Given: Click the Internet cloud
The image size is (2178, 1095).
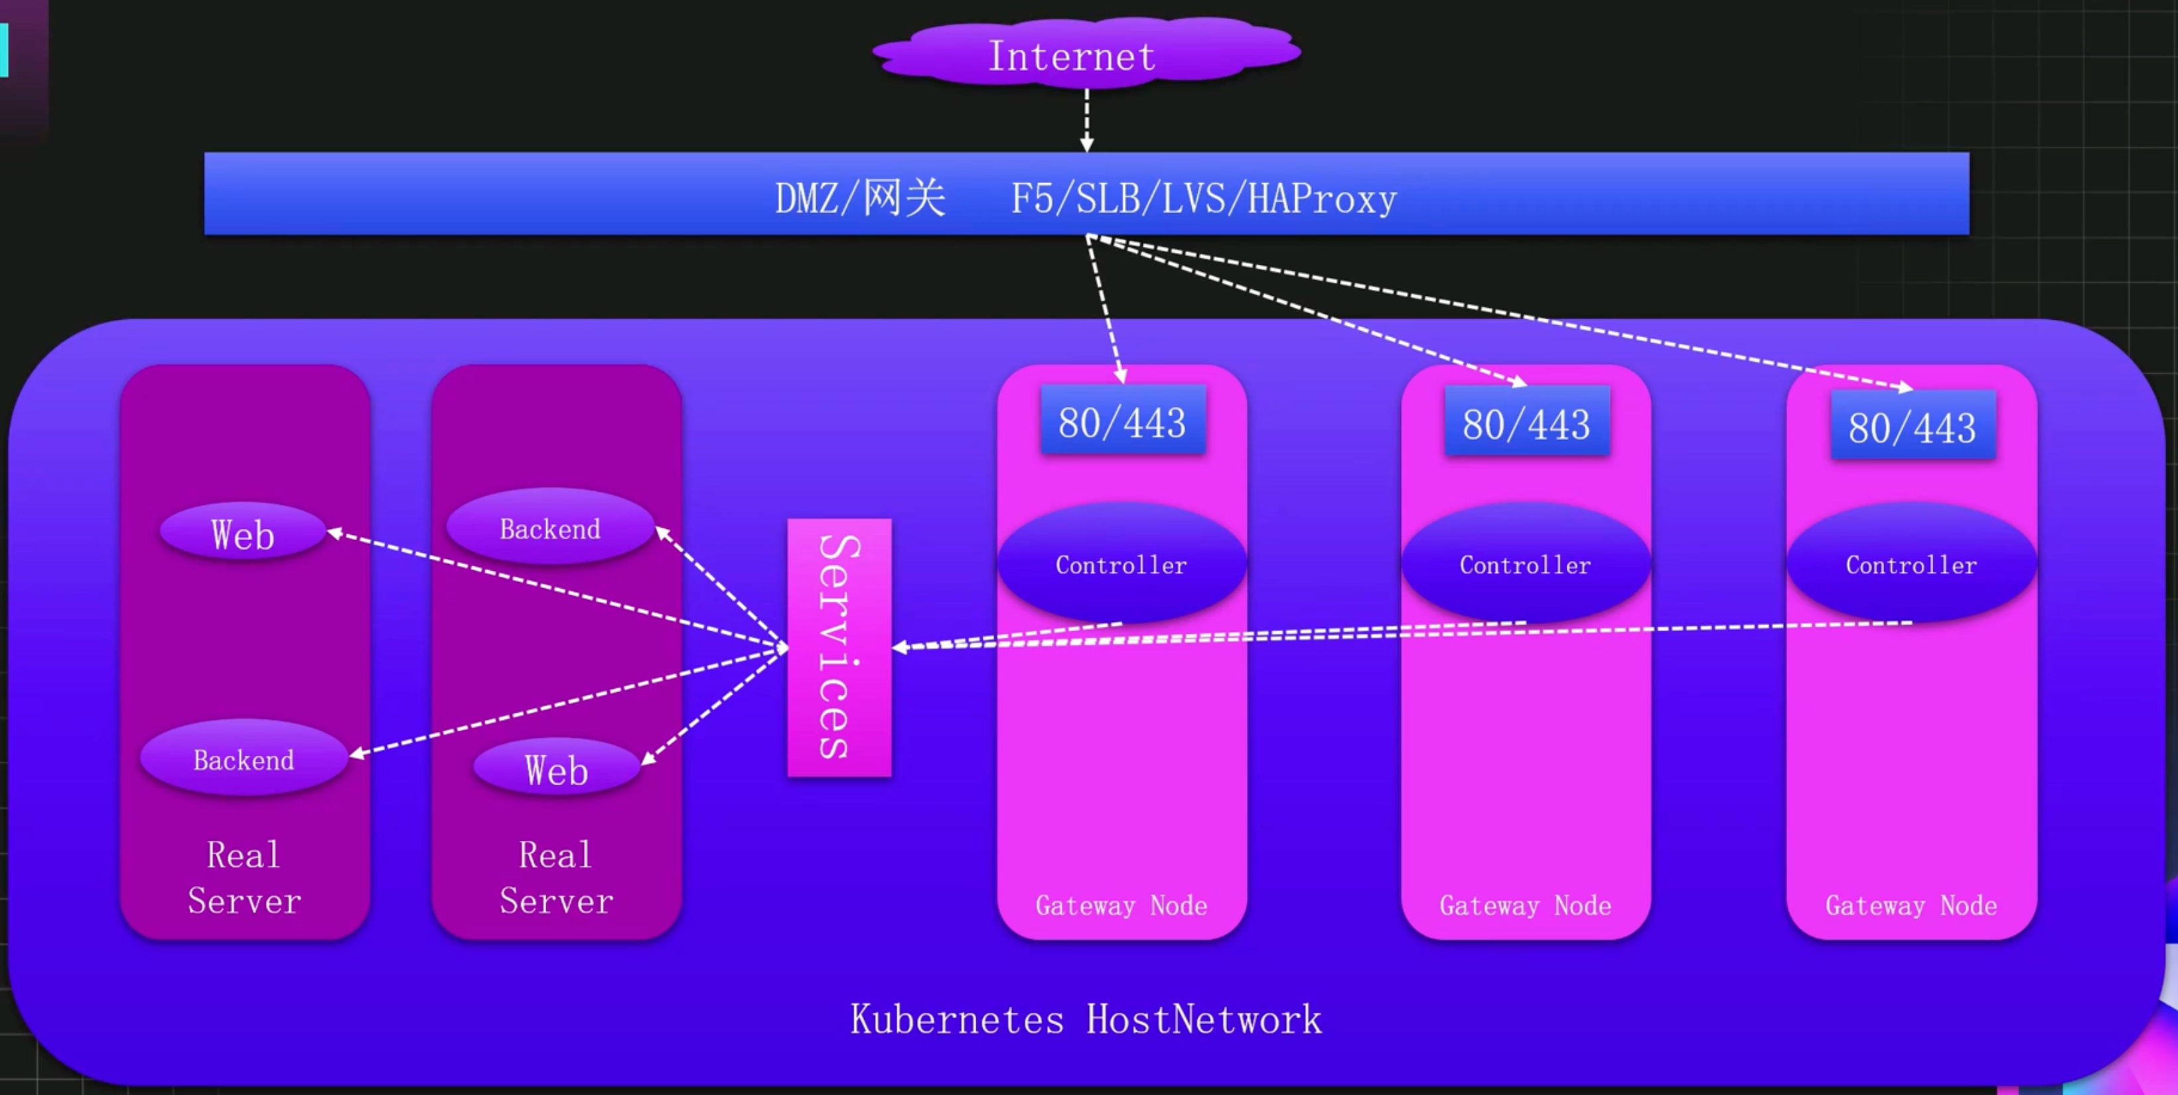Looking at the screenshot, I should pyautogui.click(x=1085, y=53).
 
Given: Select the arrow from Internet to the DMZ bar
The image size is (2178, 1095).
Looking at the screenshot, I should pyautogui.click(x=1086, y=119).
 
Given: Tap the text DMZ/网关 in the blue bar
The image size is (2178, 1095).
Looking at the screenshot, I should pyautogui.click(x=860, y=198).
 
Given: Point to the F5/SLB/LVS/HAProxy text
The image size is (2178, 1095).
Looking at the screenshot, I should pyautogui.click(x=1203, y=198).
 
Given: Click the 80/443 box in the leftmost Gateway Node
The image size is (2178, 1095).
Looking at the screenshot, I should pyautogui.click(x=1122, y=421).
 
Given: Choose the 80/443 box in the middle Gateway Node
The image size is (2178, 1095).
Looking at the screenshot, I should pyautogui.click(x=1526, y=423).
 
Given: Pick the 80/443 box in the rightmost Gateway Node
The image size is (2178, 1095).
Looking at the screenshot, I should pyautogui.click(x=1913, y=426).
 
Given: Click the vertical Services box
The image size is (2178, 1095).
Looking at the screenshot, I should pyautogui.click(x=839, y=647).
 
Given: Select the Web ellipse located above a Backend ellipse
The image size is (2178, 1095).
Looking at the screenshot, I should pyautogui.click(x=243, y=533).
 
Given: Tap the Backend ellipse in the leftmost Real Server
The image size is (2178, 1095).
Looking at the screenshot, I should pyautogui.click(x=244, y=759).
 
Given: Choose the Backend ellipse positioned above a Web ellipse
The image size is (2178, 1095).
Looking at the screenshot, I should pyautogui.click(x=549, y=528).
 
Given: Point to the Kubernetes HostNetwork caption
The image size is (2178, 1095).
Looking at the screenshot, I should pyautogui.click(x=1086, y=1019).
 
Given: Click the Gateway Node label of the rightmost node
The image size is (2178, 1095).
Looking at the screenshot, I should pyautogui.click(x=1911, y=906).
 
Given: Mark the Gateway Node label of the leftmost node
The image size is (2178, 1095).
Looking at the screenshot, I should pyautogui.click(x=1121, y=906).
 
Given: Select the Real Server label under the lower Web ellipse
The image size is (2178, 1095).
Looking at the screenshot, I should pyautogui.click(x=556, y=878).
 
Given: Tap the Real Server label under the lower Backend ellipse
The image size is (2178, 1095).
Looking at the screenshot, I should pyautogui.click(x=244, y=878).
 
